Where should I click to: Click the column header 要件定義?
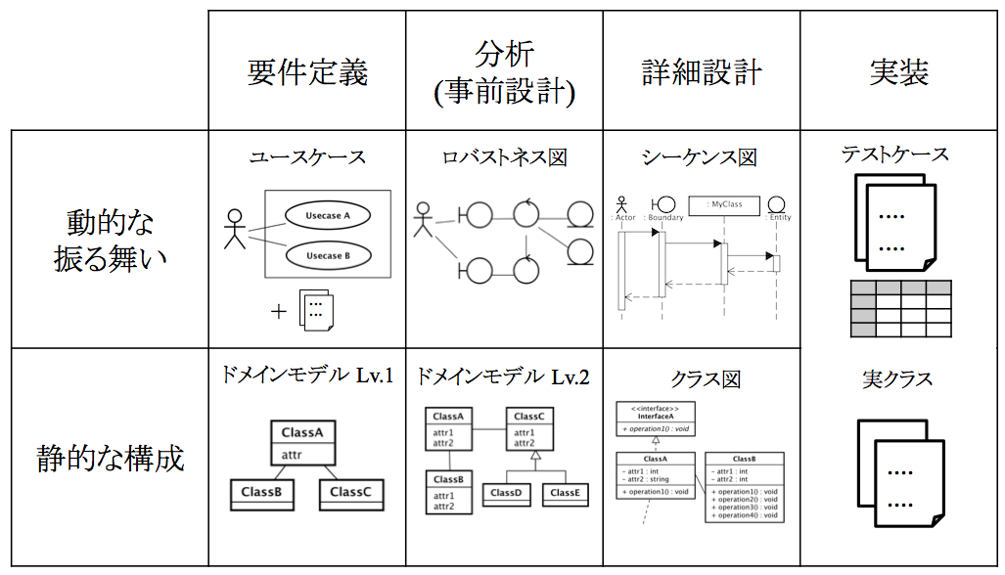[x=307, y=72]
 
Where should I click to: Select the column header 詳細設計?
[x=701, y=72]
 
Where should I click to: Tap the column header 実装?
[x=898, y=72]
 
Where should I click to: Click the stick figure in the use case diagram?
[x=234, y=229]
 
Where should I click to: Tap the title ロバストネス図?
[x=504, y=156]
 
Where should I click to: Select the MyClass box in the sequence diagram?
[x=726, y=205]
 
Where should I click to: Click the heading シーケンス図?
[x=700, y=157]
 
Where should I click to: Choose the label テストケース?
[x=895, y=155]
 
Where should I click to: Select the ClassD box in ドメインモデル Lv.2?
[x=505, y=493]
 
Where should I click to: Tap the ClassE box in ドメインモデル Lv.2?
[x=565, y=493]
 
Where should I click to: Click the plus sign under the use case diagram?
[x=279, y=312]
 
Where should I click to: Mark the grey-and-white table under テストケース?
[x=900, y=308]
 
